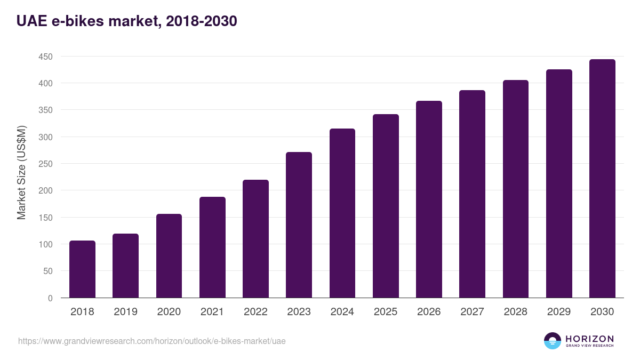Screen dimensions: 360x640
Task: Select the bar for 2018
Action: click(x=82, y=269)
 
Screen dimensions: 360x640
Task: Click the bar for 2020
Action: click(x=169, y=256)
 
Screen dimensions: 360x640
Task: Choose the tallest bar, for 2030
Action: click(x=602, y=179)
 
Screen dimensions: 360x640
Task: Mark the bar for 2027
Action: click(x=472, y=194)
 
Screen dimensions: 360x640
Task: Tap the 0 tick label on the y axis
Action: click(x=50, y=298)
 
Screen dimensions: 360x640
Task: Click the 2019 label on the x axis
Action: click(x=125, y=312)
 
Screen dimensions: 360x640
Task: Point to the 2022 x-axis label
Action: click(x=255, y=312)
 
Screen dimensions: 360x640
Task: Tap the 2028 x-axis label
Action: click(x=515, y=312)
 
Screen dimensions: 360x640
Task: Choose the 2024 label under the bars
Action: click(x=342, y=312)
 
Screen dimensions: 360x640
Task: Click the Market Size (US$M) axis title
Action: click(x=21, y=173)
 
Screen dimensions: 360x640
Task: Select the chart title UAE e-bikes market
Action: click(x=126, y=21)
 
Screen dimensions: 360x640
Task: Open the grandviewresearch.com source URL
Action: click(x=152, y=341)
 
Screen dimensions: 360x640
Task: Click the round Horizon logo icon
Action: click(x=553, y=341)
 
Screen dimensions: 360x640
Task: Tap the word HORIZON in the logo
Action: click(x=589, y=338)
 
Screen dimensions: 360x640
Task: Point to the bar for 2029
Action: click(x=559, y=183)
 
